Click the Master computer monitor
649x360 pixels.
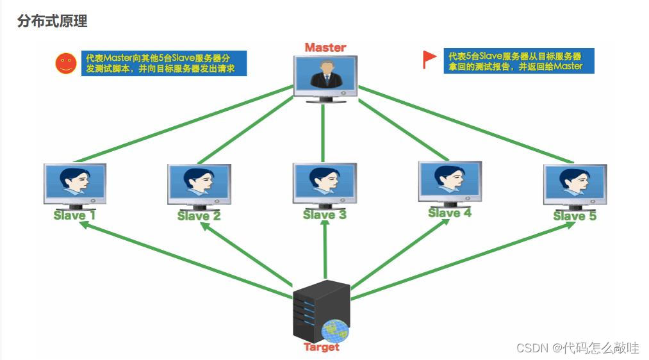click(325, 76)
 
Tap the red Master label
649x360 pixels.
click(325, 47)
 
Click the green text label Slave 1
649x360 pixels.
click(74, 215)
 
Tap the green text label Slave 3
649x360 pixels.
click(324, 215)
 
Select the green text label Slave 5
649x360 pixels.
click(575, 217)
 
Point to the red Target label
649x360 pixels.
click(322, 347)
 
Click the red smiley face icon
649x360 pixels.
click(65, 63)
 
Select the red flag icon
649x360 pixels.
click(429, 59)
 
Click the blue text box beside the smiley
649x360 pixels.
click(163, 63)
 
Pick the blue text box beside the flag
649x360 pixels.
click(518, 61)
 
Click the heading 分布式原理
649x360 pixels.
click(53, 21)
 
